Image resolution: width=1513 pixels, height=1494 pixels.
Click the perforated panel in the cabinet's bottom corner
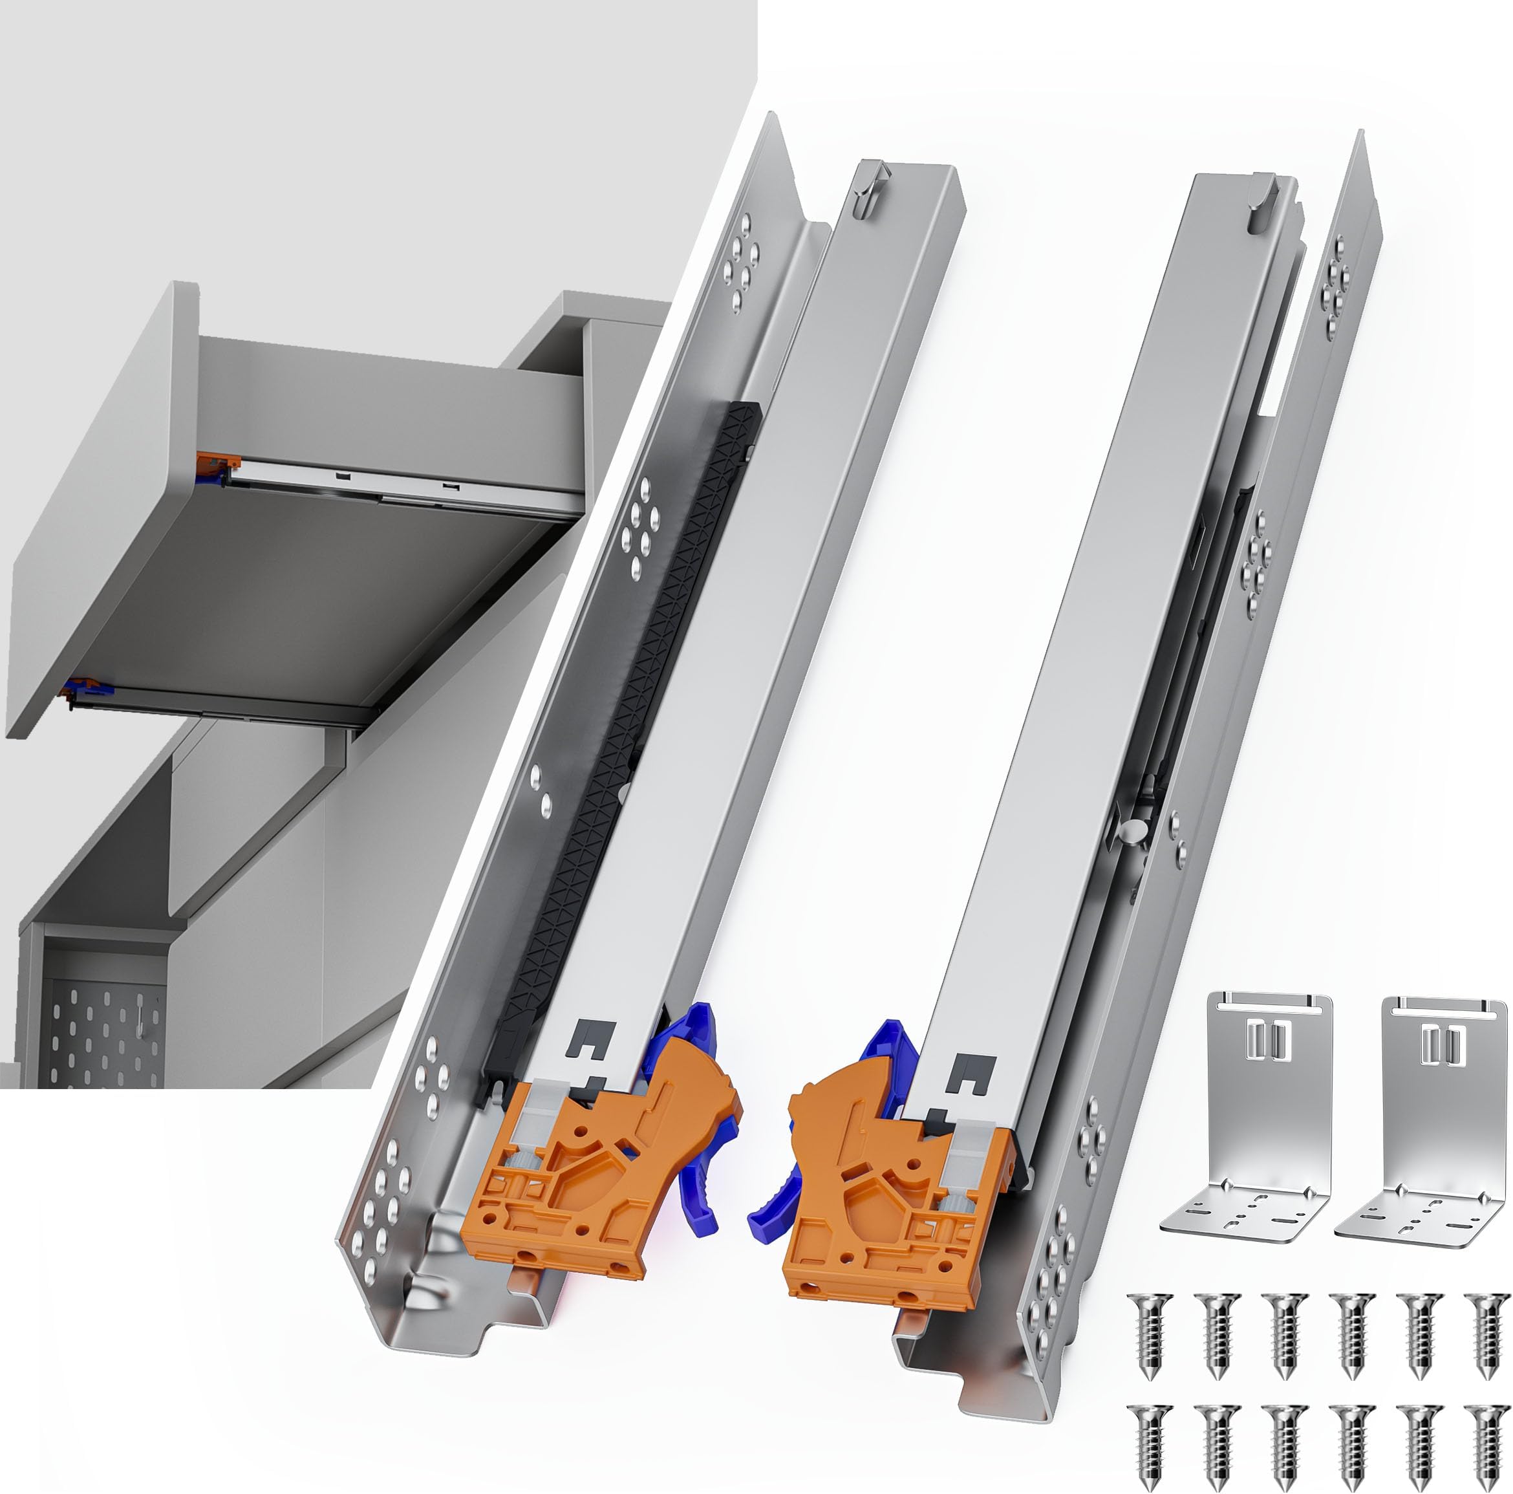coord(102,1034)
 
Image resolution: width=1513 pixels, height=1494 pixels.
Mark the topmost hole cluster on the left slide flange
coord(741,263)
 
